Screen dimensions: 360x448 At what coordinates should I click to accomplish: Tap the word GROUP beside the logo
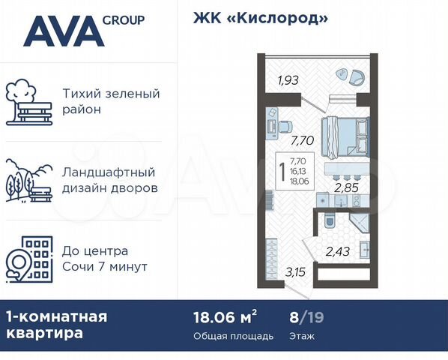[124, 19]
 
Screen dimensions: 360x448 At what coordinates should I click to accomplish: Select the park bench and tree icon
[29, 103]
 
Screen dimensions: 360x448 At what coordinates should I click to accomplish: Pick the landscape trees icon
[29, 181]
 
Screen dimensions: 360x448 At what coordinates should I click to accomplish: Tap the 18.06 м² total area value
[225, 316]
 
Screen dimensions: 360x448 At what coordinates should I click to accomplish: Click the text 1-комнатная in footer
[56, 316]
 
